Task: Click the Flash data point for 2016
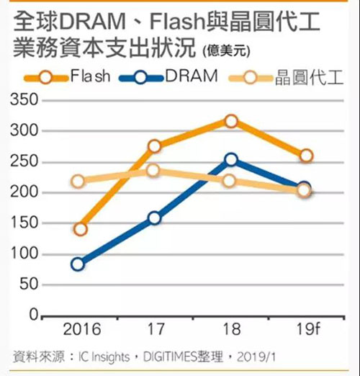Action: click(81, 229)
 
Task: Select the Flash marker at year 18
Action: click(230, 121)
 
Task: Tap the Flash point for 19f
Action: click(306, 156)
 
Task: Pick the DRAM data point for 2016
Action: click(78, 264)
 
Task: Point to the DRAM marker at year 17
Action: click(155, 218)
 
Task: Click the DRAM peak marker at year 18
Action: click(230, 159)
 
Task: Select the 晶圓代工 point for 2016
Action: click(78, 181)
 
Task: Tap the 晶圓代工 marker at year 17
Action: click(154, 171)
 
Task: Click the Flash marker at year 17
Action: click(155, 146)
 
